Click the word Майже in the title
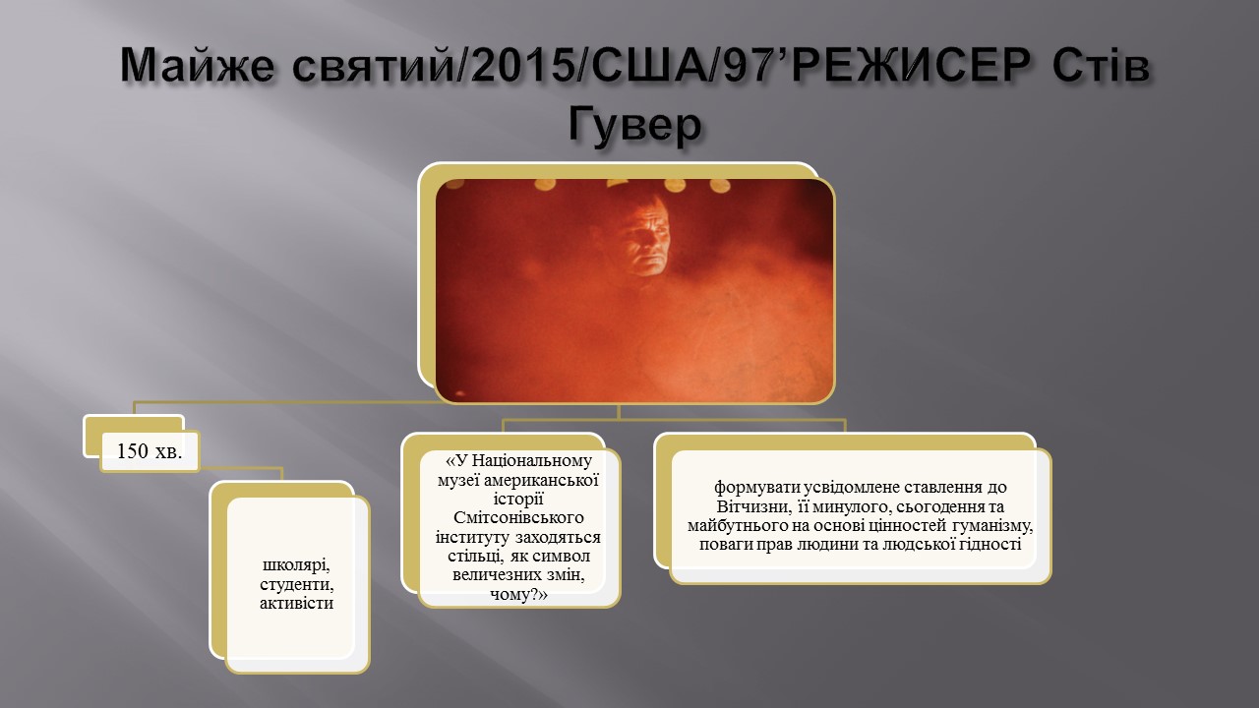point(198,66)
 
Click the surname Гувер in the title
point(634,125)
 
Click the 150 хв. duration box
point(150,451)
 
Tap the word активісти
point(297,603)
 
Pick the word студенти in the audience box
point(297,584)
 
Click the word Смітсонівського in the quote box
point(518,517)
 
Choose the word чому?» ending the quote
point(518,594)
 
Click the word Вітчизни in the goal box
point(753,506)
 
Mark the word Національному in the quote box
point(532,461)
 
